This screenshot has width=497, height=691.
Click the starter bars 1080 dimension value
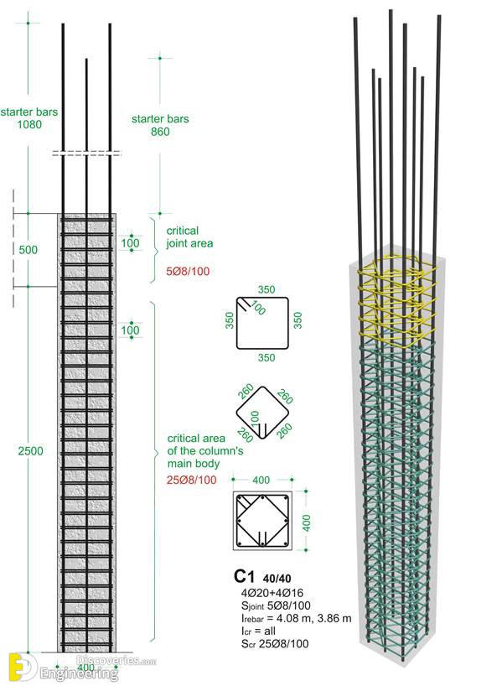(x=29, y=124)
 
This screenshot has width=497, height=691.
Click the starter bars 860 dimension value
(x=160, y=132)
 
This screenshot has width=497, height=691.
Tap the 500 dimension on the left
(x=28, y=250)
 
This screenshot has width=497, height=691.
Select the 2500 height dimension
(x=30, y=451)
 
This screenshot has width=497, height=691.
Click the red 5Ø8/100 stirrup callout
(x=188, y=271)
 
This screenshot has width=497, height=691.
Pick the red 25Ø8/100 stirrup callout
(x=191, y=480)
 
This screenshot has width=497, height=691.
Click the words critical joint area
(x=189, y=237)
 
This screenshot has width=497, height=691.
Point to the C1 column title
(x=244, y=576)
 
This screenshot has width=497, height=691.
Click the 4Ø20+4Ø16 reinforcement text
(x=272, y=593)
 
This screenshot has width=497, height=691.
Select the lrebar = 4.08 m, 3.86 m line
(x=296, y=618)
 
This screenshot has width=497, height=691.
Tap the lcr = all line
(x=258, y=631)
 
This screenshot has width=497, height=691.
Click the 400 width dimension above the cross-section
(x=261, y=480)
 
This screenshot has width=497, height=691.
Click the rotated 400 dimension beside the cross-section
(x=307, y=522)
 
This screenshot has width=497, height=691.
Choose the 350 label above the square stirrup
(x=267, y=289)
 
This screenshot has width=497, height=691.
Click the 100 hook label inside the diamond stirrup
(x=255, y=418)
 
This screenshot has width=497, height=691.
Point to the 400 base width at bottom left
(x=85, y=668)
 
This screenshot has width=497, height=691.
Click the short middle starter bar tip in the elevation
(x=86, y=60)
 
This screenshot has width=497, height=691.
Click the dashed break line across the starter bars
(x=87, y=153)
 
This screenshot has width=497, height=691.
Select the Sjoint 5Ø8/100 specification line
(x=276, y=606)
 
